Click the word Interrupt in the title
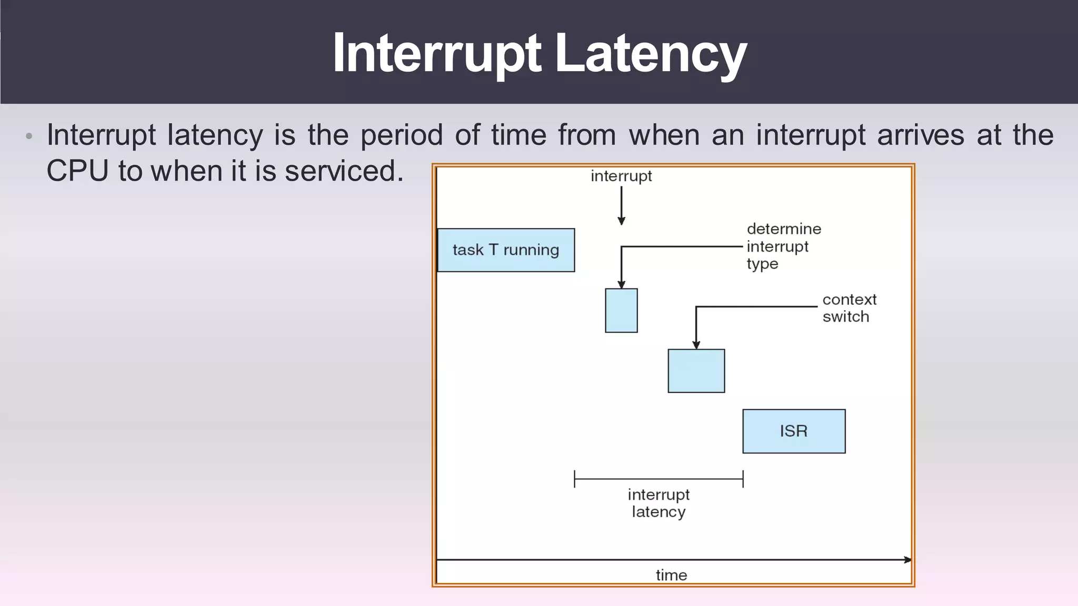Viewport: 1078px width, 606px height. pos(436,53)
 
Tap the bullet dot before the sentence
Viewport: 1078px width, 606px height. pos(29,136)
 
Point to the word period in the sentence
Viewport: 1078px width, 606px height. pos(401,135)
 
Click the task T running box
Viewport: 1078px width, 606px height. pos(506,250)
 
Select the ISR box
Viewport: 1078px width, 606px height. pos(794,431)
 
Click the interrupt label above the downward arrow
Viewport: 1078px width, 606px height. pos(621,176)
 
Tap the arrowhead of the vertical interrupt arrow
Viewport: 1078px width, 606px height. pos(621,221)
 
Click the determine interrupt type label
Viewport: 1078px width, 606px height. pos(783,246)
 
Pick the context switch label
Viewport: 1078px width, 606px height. pos(849,308)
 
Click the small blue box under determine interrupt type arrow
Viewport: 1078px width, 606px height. pos(621,311)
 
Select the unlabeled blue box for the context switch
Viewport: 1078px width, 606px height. pos(696,371)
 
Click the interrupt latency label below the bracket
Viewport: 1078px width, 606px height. pos(658,503)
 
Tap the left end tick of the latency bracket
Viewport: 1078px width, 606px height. pos(575,479)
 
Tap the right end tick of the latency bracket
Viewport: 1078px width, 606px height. pos(743,479)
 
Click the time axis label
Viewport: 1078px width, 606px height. pos(671,575)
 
